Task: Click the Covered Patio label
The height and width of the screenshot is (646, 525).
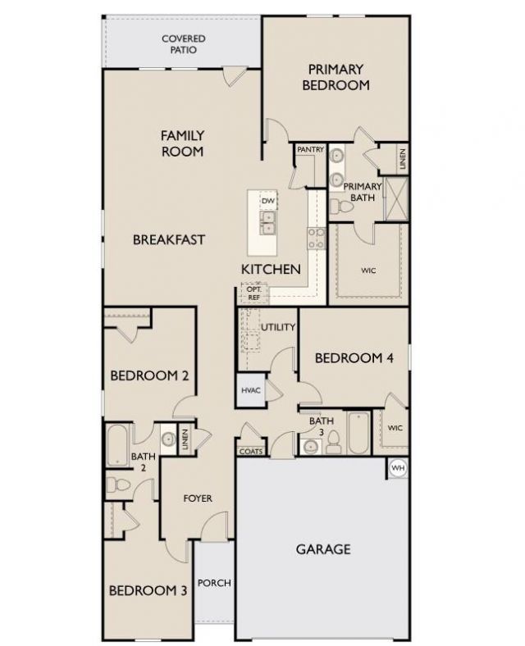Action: coord(183,44)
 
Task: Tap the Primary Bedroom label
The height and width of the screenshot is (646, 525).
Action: coord(336,77)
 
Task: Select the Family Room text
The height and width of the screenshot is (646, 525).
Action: coord(182,143)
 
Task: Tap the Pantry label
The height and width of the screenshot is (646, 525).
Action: coord(310,149)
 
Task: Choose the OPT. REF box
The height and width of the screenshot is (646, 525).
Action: coord(253,293)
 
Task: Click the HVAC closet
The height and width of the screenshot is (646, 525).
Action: coord(251,391)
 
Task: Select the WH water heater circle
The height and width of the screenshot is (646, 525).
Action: coord(398,468)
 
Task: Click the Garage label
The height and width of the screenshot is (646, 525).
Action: coord(323,548)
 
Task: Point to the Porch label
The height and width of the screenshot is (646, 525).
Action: coord(215,583)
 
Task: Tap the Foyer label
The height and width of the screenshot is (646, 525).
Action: coord(198,498)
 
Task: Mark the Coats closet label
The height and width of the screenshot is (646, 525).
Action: coord(249,452)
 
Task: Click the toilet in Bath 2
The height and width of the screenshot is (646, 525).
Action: coord(118,485)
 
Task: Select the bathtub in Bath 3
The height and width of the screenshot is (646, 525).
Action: coord(359,434)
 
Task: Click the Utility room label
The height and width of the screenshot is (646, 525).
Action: coord(278,327)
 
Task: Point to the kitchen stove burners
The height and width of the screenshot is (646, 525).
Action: coord(316,238)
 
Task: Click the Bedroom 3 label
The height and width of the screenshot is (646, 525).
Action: coord(143,590)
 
